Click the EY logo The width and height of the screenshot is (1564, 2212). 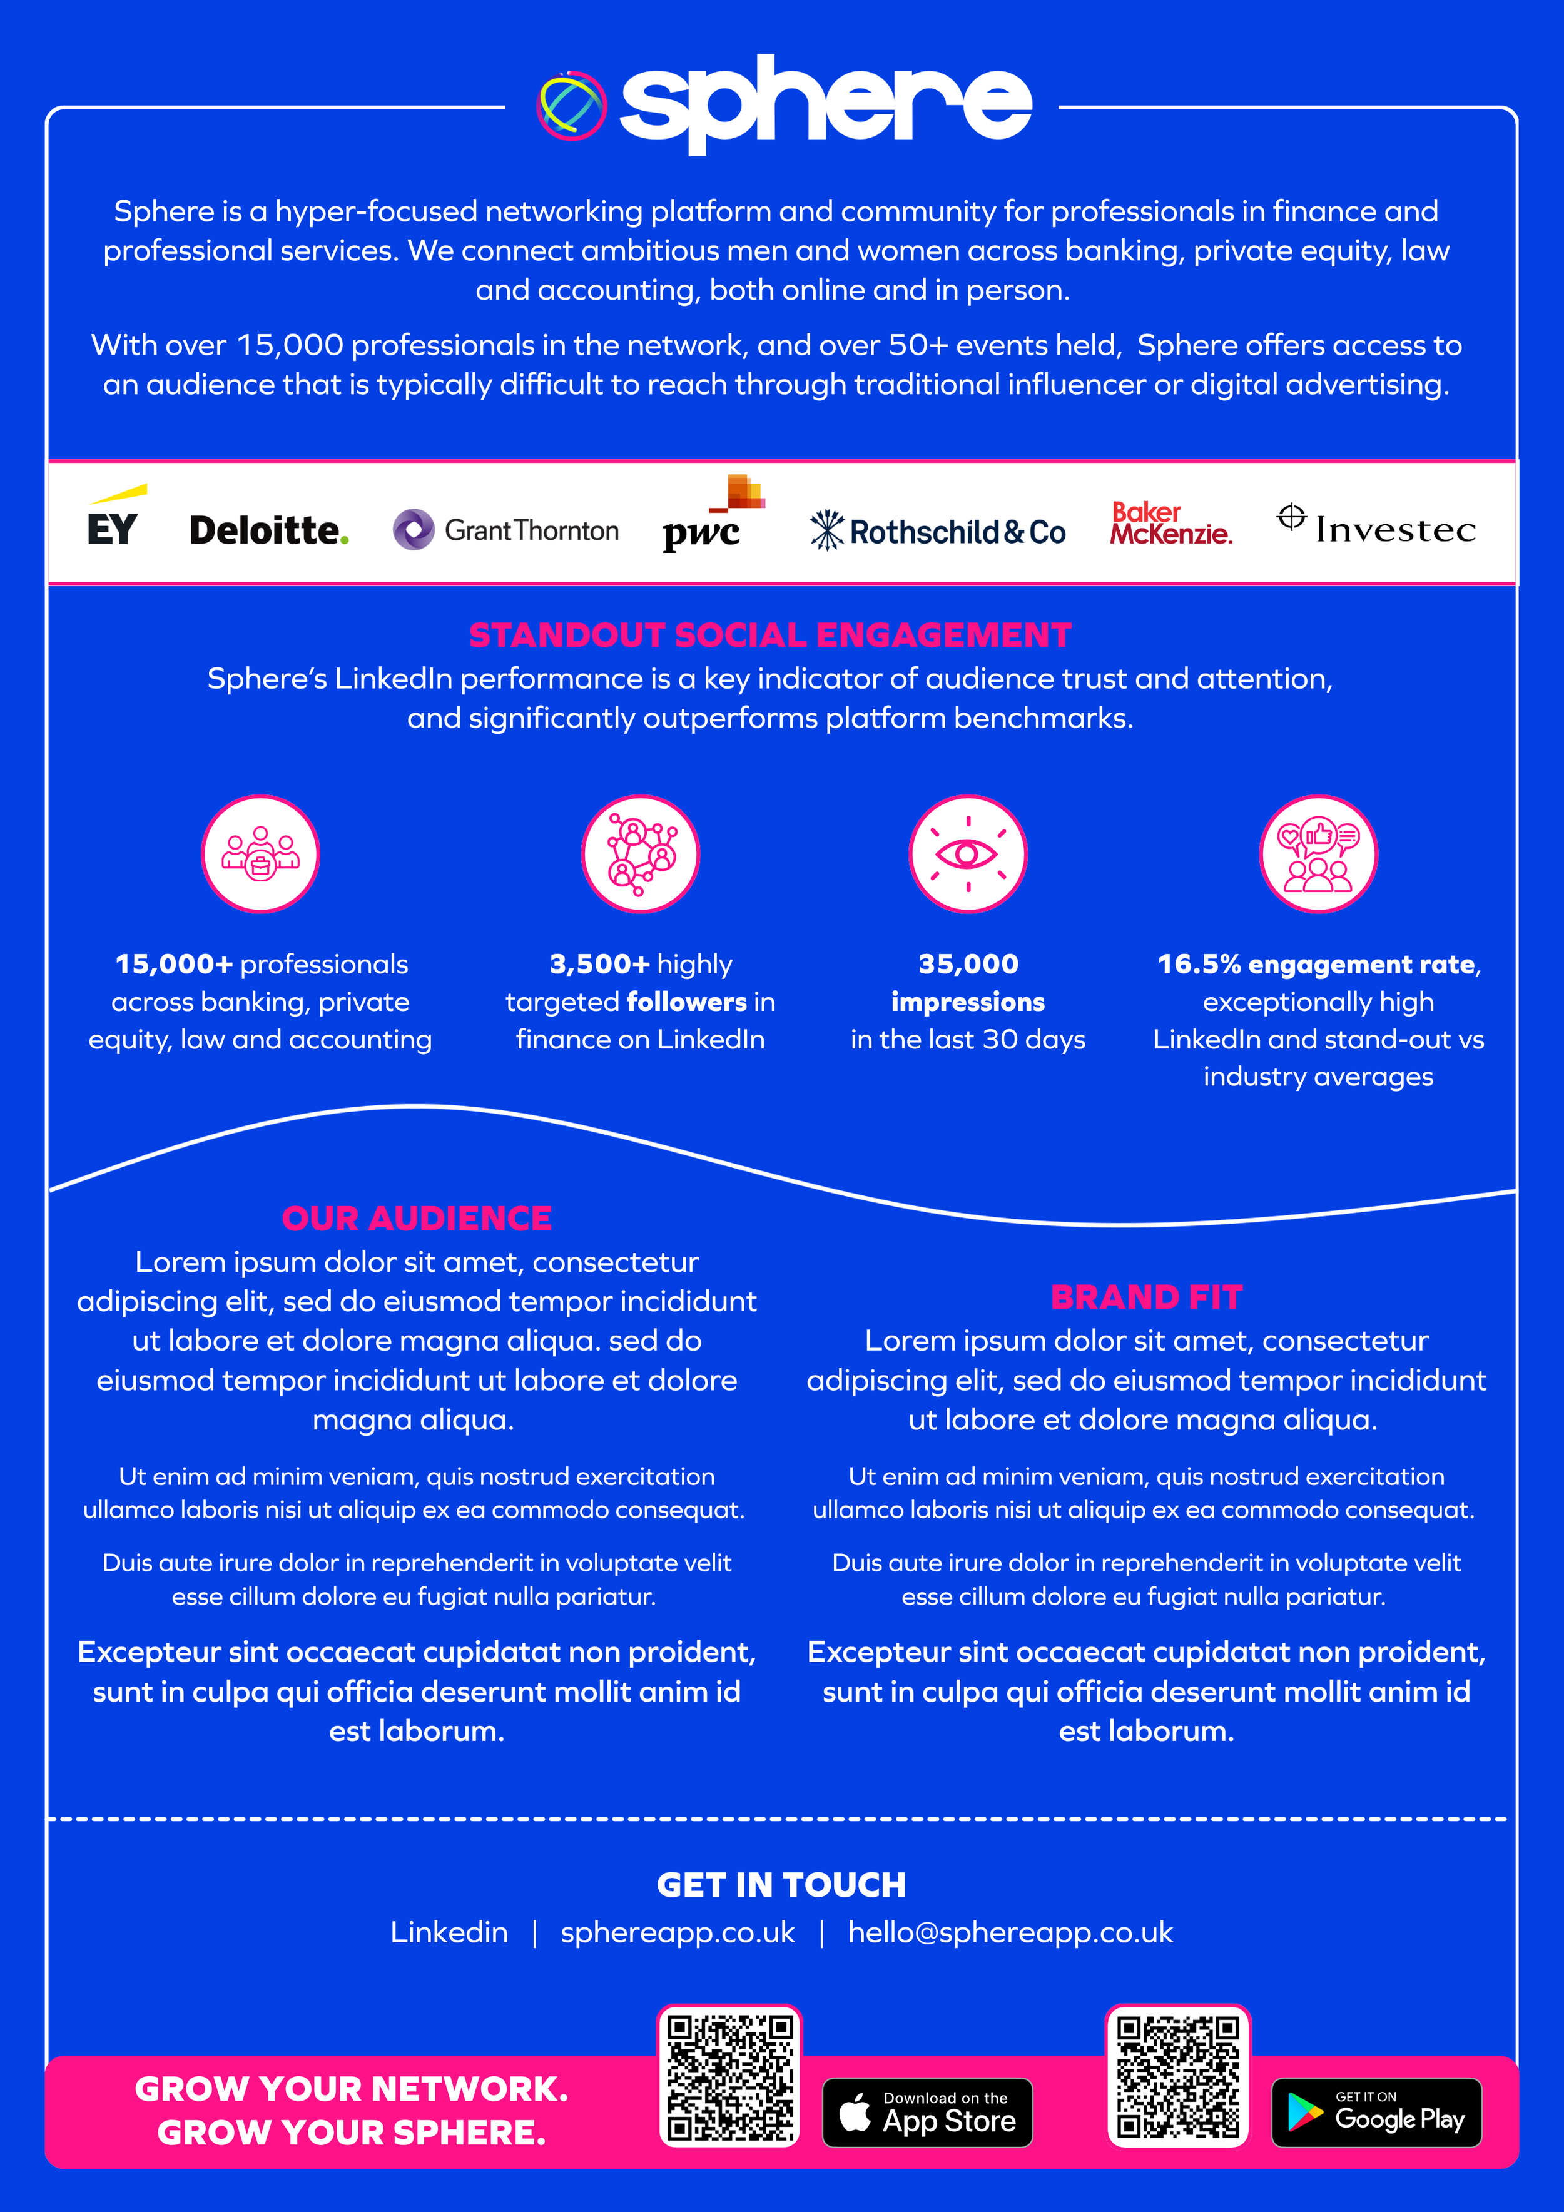coord(114,520)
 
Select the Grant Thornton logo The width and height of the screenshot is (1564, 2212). coord(506,530)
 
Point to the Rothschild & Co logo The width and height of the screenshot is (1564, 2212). coord(938,531)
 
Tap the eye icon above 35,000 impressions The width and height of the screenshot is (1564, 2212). coord(968,854)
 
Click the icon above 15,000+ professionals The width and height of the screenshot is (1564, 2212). coord(260,854)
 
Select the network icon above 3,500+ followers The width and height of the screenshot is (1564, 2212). coord(640,854)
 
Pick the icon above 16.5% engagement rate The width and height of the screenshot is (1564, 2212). coord(1318,854)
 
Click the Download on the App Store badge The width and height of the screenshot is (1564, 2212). coord(927,2113)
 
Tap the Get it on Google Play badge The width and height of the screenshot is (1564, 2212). coord(1376,2113)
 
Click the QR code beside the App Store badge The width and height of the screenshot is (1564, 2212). coord(729,2076)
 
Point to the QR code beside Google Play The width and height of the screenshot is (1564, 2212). coord(1177,2076)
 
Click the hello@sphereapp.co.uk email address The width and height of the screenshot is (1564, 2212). coord(1010,1932)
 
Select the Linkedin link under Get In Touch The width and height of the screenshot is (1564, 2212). coord(449,1932)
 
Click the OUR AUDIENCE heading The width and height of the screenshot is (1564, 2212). coord(416,1219)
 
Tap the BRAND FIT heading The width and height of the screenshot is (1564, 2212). coord(1145,1297)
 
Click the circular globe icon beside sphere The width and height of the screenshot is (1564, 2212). coord(571,105)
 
